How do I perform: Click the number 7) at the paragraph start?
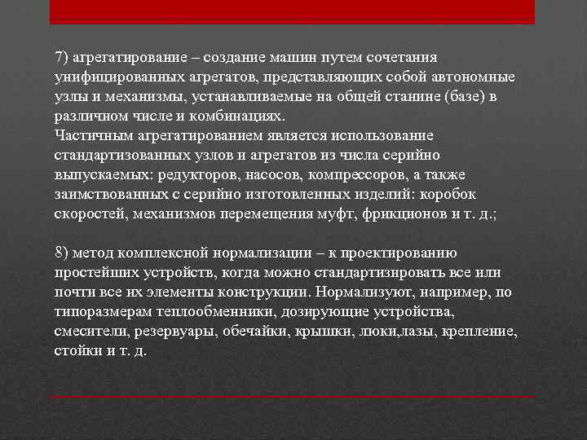[x=61, y=58]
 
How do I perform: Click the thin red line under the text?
[x=292, y=397]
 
